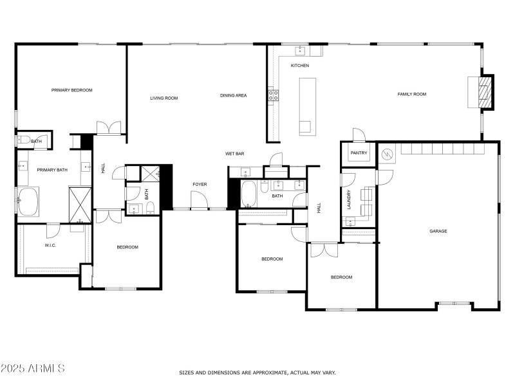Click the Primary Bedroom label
pos(72,90)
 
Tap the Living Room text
pos(164,98)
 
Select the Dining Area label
pos(233,95)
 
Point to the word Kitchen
pos(300,66)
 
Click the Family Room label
pos(411,94)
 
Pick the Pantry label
pos(358,153)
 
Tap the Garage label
pos(438,231)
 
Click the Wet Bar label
pos(234,154)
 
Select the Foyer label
pos(200,185)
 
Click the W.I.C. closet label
pos(52,244)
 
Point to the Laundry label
pos(349,199)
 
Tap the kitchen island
pos(308,106)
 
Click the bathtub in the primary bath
pos(28,201)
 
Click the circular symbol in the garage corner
pos(387,154)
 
